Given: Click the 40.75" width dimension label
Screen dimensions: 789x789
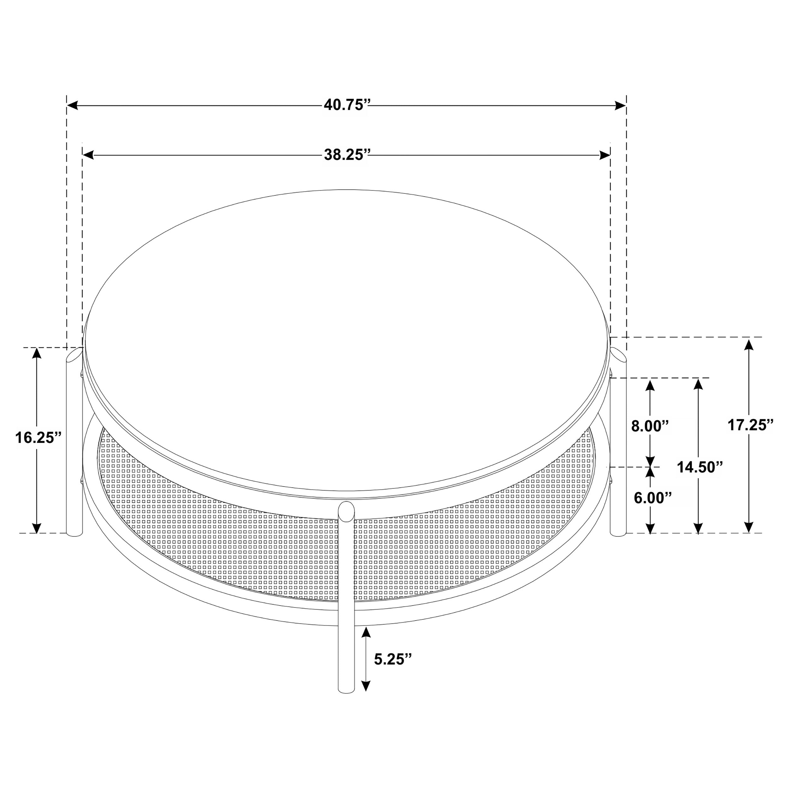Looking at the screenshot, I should click(x=346, y=105).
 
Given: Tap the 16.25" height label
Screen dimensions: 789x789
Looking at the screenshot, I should click(x=38, y=437).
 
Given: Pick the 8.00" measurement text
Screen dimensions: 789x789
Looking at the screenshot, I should click(x=650, y=426).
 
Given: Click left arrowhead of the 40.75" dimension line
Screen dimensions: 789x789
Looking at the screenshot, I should click(x=72, y=105).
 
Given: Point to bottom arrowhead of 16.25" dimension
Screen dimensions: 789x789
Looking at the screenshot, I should click(x=37, y=528).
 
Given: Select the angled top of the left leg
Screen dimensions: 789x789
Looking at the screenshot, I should click(x=75, y=355).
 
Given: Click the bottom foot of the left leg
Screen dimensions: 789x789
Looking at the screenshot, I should click(x=74, y=533).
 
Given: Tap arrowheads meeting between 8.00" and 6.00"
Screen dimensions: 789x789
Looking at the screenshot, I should click(x=650, y=466).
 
